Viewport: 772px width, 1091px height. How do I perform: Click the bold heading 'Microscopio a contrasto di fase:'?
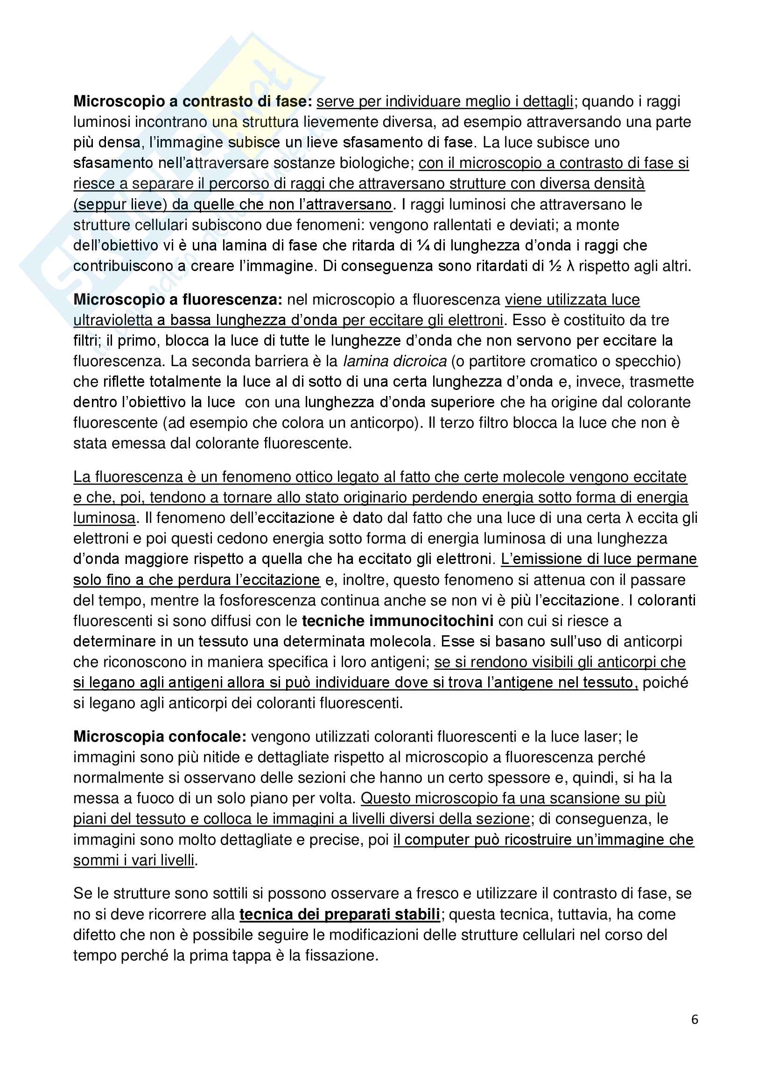coord(192,101)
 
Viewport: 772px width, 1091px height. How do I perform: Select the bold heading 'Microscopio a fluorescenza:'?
coord(178,299)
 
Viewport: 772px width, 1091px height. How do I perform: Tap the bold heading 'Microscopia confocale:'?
coord(160,737)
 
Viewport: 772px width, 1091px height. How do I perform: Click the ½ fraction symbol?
coord(555,266)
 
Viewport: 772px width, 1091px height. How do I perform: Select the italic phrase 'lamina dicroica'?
coord(394,361)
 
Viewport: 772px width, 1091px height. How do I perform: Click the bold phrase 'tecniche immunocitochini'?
coord(397,621)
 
